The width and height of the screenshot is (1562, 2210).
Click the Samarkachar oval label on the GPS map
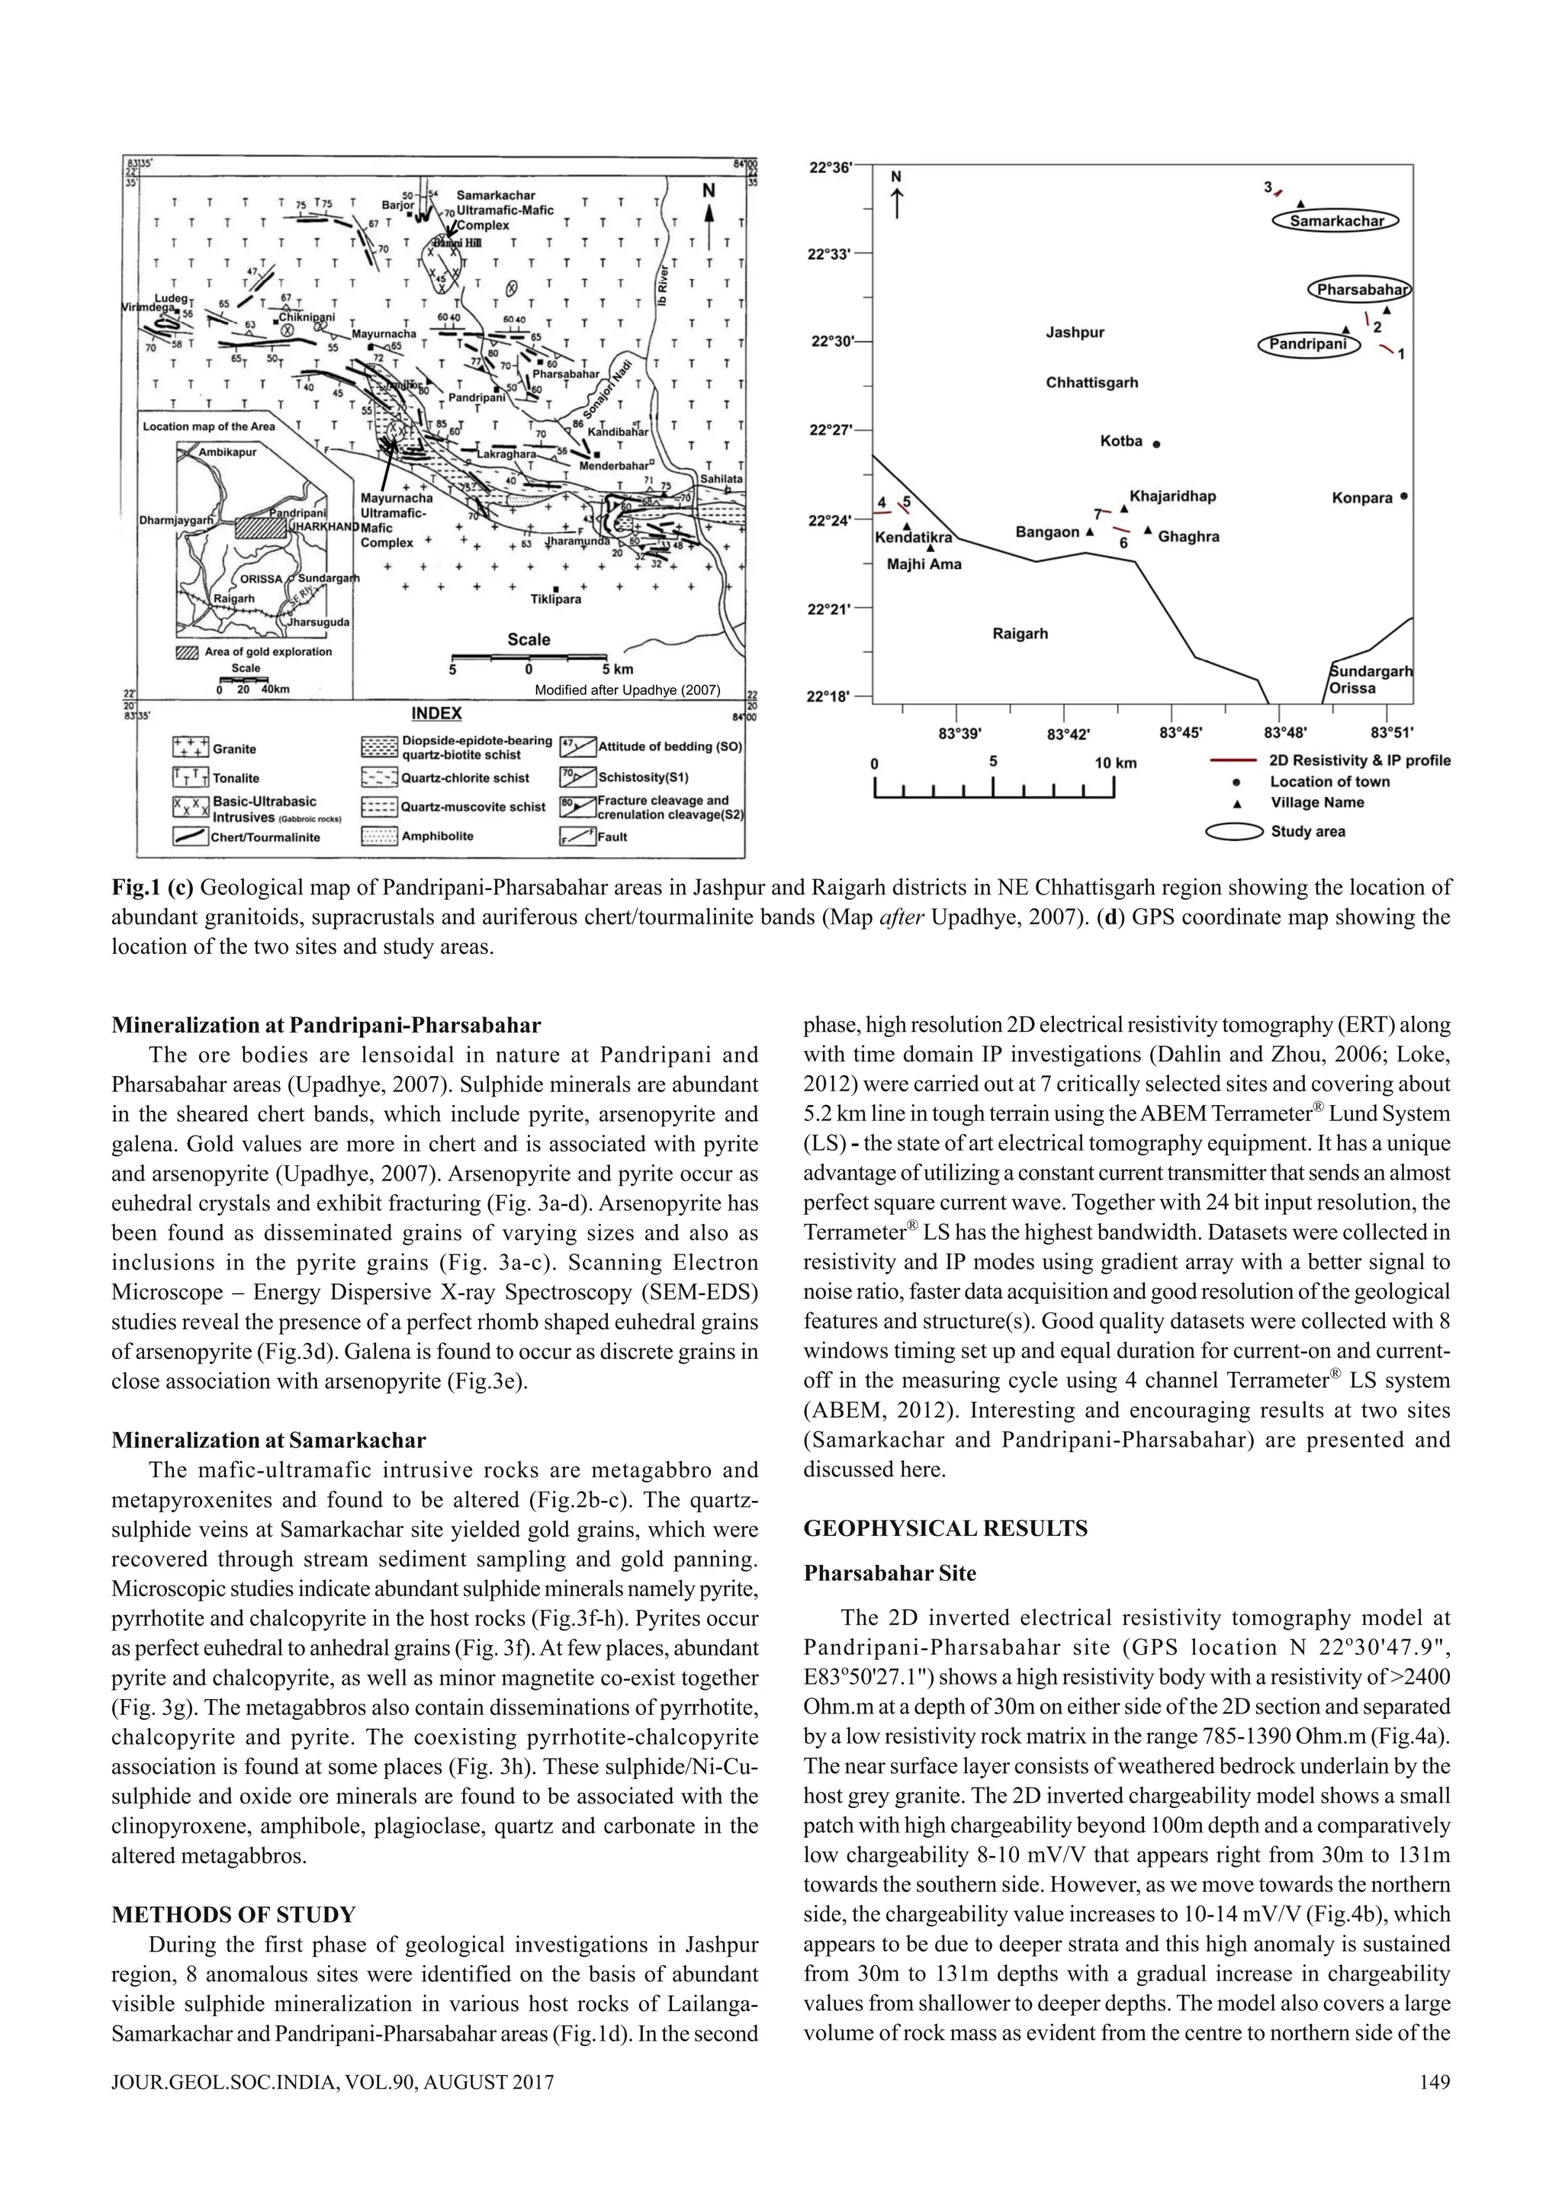[x=1335, y=221]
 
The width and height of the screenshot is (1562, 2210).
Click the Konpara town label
[x=1362, y=498]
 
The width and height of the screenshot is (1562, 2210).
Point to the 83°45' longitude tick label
[x=1180, y=734]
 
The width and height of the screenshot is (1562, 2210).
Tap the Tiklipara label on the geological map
[x=555, y=599]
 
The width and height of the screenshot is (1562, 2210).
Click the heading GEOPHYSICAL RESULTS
[x=945, y=1528]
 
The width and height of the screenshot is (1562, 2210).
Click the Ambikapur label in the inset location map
[x=227, y=451]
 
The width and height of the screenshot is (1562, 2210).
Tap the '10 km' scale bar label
[x=1115, y=763]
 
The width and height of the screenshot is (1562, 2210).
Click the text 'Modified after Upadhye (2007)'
[x=626, y=689]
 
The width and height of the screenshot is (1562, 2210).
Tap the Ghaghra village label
[x=1188, y=536]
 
